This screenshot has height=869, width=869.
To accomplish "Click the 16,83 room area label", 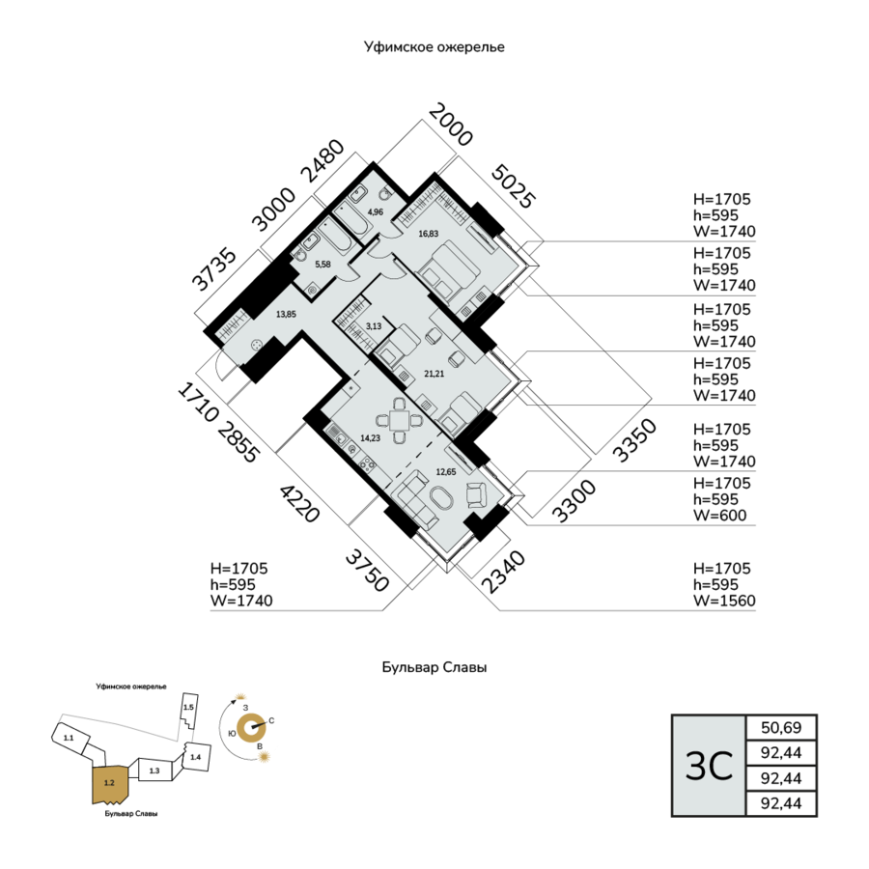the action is pyautogui.click(x=429, y=234).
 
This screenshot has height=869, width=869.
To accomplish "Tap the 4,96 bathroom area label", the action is pyautogui.click(x=376, y=211).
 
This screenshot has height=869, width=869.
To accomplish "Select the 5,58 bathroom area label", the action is pyautogui.click(x=322, y=265).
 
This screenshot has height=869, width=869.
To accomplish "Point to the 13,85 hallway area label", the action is pyautogui.click(x=286, y=314).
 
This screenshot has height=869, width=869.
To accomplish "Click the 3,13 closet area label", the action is pyautogui.click(x=374, y=326).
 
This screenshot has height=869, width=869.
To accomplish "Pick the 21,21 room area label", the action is pyautogui.click(x=434, y=374).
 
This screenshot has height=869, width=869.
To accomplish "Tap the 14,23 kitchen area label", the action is pyautogui.click(x=370, y=437).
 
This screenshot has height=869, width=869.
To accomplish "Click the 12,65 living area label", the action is pyautogui.click(x=445, y=472).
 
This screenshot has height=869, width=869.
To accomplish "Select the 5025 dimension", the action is pyautogui.click(x=514, y=186).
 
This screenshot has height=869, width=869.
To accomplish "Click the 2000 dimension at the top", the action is pyautogui.click(x=451, y=125).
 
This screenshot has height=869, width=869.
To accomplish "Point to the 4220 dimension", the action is pyautogui.click(x=300, y=503).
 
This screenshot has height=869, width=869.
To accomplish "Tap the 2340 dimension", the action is pyautogui.click(x=503, y=572).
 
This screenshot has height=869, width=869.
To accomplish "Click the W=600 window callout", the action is pyautogui.click(x=720, y=516).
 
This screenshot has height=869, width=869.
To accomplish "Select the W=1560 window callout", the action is pyautogui.click(x=724, y=601).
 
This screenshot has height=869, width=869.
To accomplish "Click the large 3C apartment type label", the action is pyautogui.click(x=709, y=767).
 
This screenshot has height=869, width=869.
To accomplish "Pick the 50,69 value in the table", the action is pyautogui.click(x=781, y=727).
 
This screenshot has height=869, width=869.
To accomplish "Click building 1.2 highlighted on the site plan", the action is pyautogui.click(x=110, y=784).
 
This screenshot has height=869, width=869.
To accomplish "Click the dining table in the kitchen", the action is pyautogui.click(x=399, y=421).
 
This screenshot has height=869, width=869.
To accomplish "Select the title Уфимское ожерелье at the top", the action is pyautogui.click(x=434, y=47).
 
